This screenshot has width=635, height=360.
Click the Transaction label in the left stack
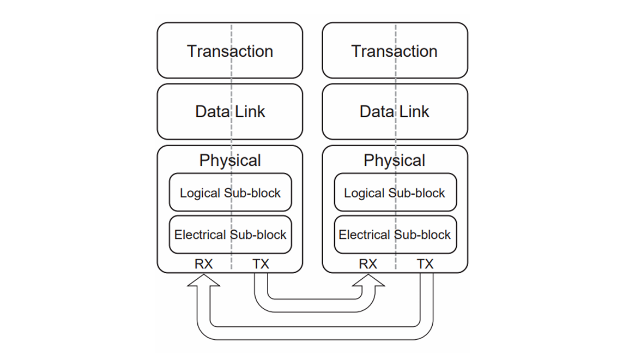click(230, 51)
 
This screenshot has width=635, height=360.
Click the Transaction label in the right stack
click(395, 51)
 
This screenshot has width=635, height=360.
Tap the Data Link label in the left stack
click(230, 111)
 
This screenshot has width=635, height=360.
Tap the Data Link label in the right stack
click(395, 111)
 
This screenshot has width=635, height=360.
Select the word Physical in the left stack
click(230, 160)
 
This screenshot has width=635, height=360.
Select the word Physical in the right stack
click(395, 160)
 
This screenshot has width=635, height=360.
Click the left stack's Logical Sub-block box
click(231, 192)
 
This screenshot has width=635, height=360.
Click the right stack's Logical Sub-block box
click(395, 192)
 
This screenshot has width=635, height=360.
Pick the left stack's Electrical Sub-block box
click(231, 235)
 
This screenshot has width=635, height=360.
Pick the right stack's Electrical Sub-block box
click(395, 235)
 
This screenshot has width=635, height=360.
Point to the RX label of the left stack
click(203, 264)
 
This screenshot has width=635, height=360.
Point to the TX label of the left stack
click(261, 264)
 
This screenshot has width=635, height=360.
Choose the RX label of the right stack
click(368, 264)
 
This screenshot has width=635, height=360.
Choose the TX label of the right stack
click(425, 264)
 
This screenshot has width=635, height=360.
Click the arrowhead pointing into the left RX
click(204, 280)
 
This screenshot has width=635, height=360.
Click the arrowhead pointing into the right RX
click(368, 280)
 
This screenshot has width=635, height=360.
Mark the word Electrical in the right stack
click(364, 235)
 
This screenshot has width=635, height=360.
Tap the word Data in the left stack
click(213, 111)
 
